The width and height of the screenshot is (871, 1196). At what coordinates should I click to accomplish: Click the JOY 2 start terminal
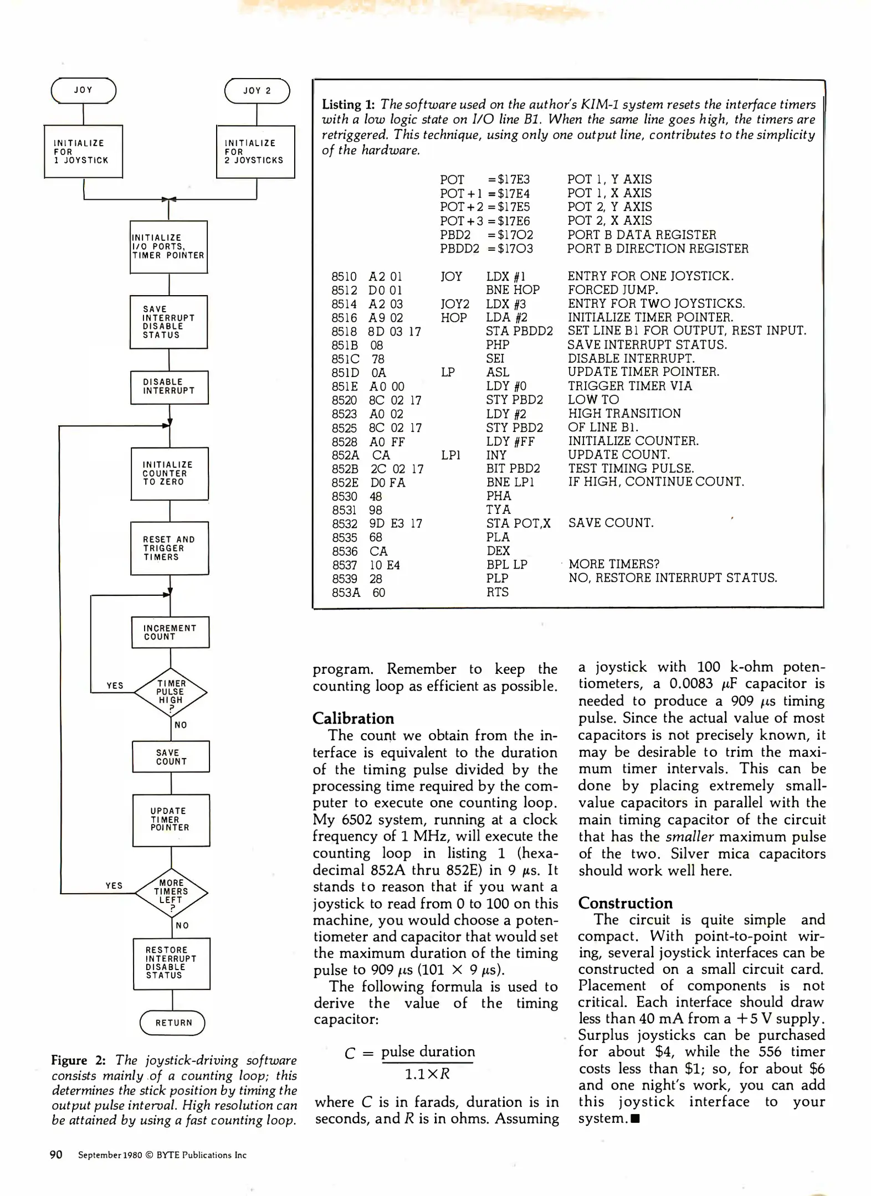(x=257, y=91)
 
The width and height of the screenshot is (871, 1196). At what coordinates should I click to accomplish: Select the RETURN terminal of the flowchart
(x=172, y=1023)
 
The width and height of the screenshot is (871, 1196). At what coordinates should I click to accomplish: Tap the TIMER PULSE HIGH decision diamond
(x=171, y=692)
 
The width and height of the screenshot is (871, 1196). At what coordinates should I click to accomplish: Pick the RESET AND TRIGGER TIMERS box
(x=170, y=548)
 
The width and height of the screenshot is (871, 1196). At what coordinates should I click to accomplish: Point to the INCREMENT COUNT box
(x=170, y=632)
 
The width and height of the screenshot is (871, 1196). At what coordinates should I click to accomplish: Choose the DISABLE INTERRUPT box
(x=169, y=386)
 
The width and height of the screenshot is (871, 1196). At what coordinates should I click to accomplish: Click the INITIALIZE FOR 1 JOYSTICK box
(x=83, y=152)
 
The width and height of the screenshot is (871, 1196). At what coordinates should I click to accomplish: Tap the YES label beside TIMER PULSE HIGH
(x=115, y=685)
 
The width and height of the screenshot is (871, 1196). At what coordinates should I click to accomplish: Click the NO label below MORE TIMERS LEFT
(x=182, y=925)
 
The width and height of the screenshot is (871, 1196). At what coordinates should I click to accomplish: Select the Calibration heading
(x=353, y=718)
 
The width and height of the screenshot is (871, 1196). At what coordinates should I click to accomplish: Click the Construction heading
(x=625, y=903)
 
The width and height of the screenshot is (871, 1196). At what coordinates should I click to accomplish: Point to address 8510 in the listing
(x=344, y=277)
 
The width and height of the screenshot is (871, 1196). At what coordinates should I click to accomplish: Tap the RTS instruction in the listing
(x=497, y=592)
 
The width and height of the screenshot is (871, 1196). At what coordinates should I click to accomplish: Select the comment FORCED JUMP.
(x=612, y=290)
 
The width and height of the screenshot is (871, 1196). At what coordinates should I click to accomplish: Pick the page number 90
(x=56, y=1154)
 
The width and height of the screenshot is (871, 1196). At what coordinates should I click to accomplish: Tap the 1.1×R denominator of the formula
(x=427, y=1074)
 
